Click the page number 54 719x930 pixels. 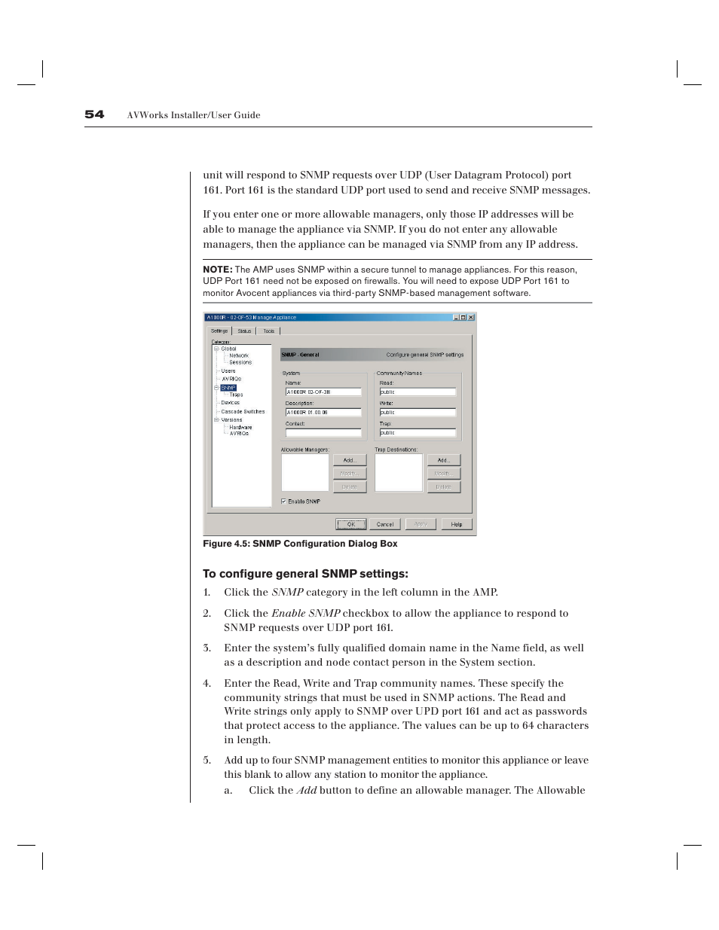pos(94,114)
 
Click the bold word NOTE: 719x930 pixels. pos(217,270)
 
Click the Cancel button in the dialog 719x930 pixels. pos(385,524)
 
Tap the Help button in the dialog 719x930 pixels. pos(457,524)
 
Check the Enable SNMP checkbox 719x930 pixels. pos(283,501)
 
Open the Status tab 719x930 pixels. pos(244,331)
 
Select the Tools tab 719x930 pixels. pos(268,331)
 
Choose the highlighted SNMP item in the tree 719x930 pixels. pos(228,388)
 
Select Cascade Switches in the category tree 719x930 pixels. pos(243,412)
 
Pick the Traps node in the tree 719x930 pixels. pos(236,395)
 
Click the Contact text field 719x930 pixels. pos(323,433)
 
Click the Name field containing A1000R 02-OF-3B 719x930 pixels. pos(323,392)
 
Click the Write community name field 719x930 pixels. pos(418,413)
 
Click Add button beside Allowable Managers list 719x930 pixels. pos(349,460)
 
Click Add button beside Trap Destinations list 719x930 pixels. pos(443,460)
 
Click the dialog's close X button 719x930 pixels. pos(471,318)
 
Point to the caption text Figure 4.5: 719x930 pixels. pos(226,544)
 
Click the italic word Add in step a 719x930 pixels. pos(306,790)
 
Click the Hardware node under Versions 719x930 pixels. pos(240,427)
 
